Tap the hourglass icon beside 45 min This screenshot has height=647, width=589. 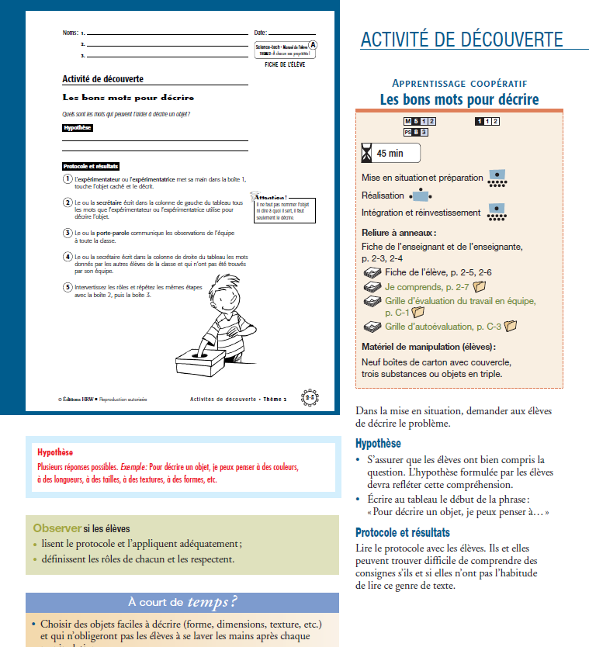(367, 153)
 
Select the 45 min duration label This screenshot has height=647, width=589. (390, 154)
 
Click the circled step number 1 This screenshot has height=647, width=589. (68, 179)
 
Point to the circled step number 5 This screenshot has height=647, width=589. (68, 287)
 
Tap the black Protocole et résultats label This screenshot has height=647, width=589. (91, 166)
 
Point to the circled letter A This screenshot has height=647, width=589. (313, 45)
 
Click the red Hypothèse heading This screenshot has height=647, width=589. (55, 452)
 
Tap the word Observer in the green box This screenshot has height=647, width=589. (57, 528)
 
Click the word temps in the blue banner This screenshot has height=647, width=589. (212, 601)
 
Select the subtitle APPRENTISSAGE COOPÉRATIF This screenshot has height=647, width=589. (459, 83)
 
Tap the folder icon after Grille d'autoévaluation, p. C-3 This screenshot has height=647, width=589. (510, 327)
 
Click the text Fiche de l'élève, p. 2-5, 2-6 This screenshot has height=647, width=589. (438, 272)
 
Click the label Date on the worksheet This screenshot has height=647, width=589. (260, 33)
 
